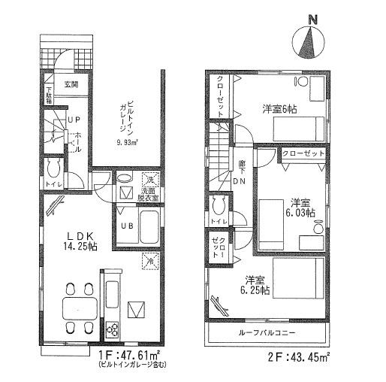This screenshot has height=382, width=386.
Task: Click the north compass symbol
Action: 308,43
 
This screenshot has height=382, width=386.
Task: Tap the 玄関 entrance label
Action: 70,85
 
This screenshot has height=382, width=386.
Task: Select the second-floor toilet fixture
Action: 220,207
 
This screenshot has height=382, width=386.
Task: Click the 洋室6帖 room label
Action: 279,108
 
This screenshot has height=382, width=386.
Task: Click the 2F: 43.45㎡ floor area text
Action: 300,356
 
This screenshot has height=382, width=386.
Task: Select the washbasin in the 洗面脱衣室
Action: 126,178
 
